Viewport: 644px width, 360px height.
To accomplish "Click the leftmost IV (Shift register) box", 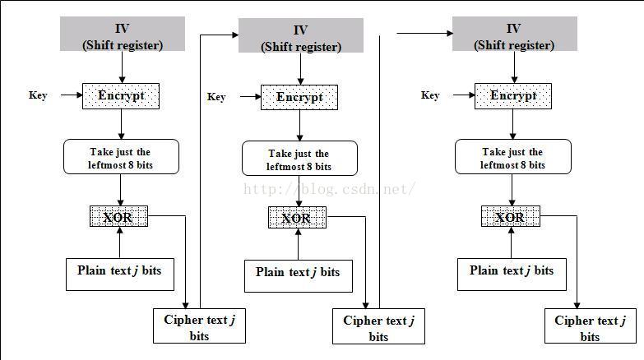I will [x=122, y=35].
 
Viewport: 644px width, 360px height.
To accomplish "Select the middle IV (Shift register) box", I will [x=300, y=37].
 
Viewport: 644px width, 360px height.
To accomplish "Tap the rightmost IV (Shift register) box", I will [x=514, y=35].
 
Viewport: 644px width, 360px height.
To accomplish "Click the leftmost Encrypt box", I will [x=121, y=95].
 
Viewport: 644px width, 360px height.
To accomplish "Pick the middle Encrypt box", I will [x=299, y=97].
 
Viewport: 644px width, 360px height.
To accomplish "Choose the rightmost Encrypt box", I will [x=513, y=95].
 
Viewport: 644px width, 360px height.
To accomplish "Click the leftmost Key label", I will [x=38, y=95].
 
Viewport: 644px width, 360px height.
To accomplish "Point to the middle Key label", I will [x=216, y=97].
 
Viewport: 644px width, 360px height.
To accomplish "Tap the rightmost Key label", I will [x=430, y=95].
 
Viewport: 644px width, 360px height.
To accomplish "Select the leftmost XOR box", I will [x=118, y=217].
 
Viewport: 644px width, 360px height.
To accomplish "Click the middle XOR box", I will [x=296, y=218].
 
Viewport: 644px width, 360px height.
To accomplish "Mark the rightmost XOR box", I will [x=510, y=217].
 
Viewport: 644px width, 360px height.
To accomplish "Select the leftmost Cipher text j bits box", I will [x=199, y=326].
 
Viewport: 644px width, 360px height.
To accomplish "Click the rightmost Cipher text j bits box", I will [x=590, y=326].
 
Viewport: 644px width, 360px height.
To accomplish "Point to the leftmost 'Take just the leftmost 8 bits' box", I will [x=120, y=157].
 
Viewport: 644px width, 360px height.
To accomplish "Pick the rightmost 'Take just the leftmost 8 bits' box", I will [x=512, y=157].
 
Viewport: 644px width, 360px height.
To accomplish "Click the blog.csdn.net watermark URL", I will [x=329, y=189].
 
